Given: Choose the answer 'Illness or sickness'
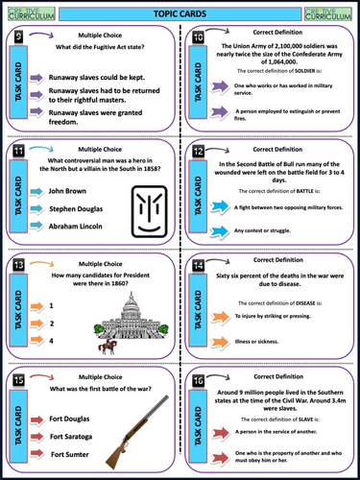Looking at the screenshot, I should click(x=260, y=343).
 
